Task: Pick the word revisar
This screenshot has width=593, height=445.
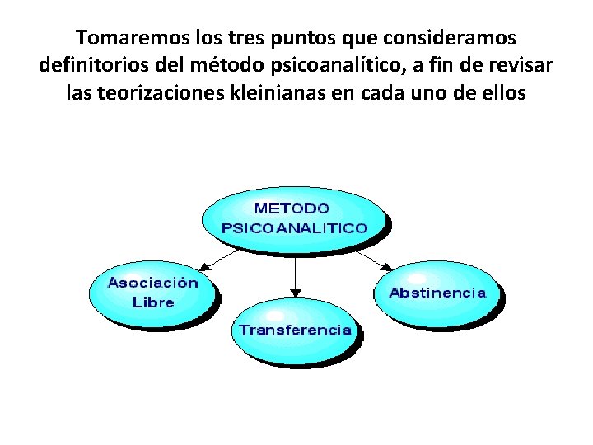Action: pos(521,66)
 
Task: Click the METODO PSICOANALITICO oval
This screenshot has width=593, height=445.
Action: pos(295,216)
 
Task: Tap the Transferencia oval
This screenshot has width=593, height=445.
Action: pos(295,330)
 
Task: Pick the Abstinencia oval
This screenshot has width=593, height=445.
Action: pos(437,293)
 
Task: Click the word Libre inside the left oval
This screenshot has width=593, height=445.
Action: pos(153,302)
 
